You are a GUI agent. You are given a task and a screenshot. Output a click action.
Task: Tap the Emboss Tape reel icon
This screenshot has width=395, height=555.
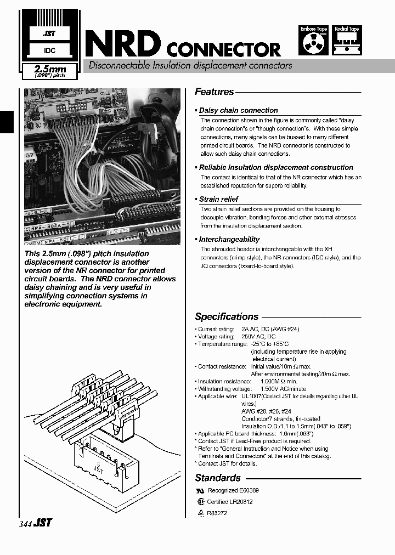(313, 43)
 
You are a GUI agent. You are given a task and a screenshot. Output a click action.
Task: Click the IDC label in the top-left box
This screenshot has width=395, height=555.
(49, 51)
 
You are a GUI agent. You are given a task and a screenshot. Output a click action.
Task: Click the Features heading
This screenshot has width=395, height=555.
(215, 92)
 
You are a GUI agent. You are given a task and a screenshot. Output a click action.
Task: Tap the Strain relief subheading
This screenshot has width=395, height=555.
(218, 199)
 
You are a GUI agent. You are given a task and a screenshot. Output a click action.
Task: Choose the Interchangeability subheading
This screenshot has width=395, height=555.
(229, 239)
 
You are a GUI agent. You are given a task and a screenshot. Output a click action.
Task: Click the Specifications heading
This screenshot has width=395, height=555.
(227, 316)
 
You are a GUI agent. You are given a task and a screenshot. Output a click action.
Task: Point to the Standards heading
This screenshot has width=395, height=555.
(218, 478)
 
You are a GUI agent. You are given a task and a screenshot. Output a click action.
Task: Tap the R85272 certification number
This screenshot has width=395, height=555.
(217, 513)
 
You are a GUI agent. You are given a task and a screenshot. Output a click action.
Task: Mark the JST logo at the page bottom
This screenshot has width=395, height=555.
(43, 523)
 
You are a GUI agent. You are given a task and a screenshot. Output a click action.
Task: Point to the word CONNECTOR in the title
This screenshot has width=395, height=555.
(223, 49)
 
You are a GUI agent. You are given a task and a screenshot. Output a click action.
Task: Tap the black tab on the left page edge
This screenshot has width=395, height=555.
(5, 121)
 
